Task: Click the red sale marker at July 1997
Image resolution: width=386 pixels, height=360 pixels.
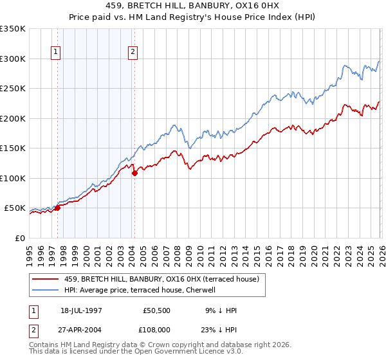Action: [57, 208]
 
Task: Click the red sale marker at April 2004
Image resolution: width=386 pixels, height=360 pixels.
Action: [134, 173]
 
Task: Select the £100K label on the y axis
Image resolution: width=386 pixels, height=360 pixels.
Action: [13, 178]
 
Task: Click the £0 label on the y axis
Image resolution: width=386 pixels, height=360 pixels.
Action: [21, 238]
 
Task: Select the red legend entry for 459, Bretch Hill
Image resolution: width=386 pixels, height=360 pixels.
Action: [161, 279]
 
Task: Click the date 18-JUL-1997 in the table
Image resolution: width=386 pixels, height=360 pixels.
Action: [82, 310]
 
